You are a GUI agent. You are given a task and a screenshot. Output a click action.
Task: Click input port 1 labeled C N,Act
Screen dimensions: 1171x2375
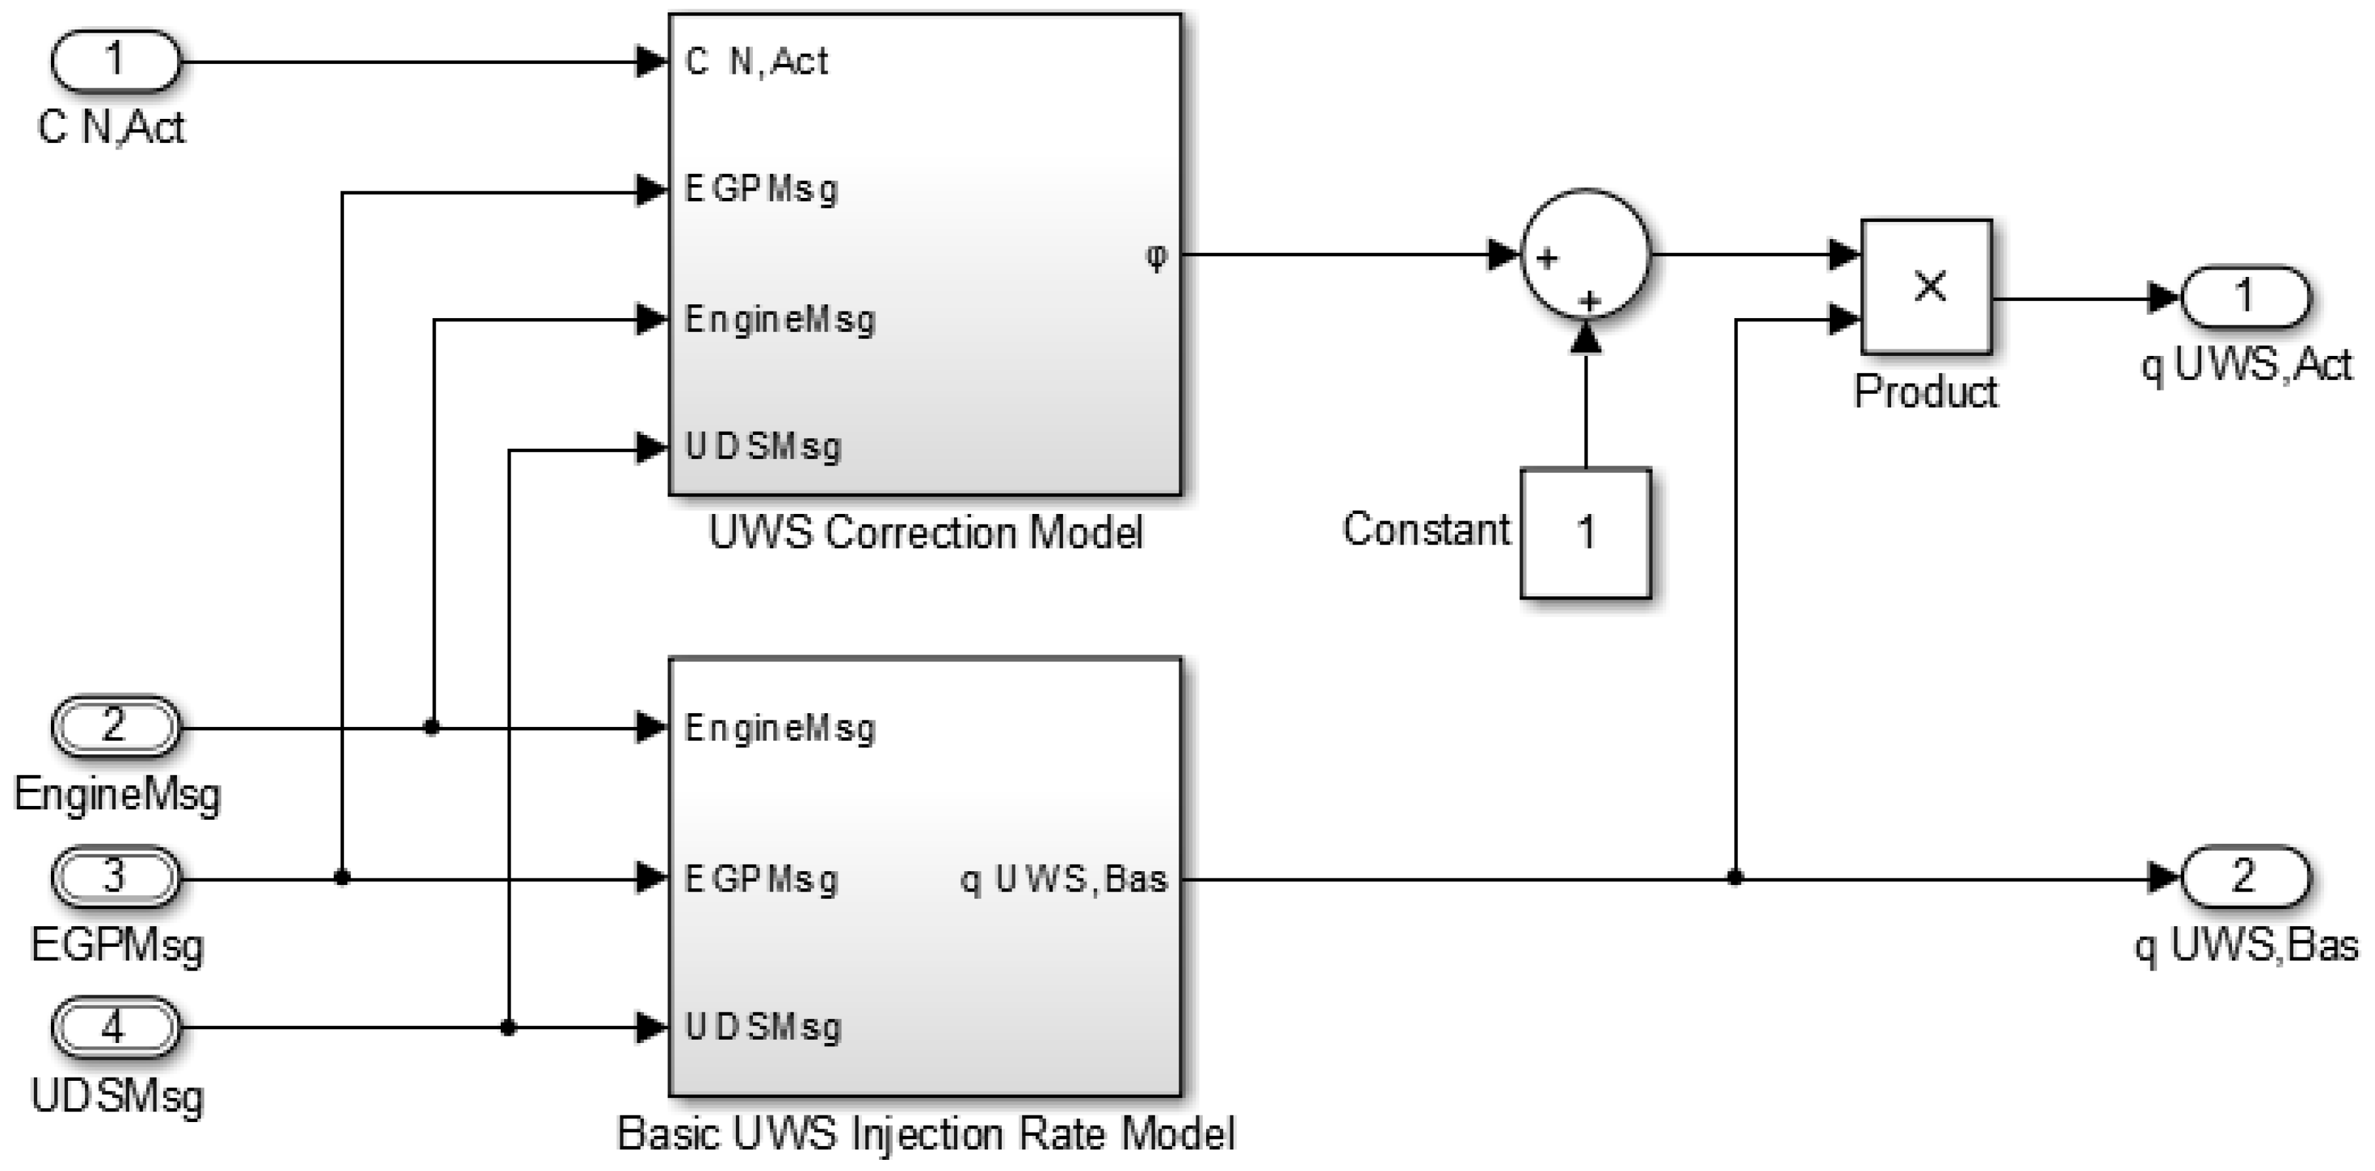click(x=114, y=61)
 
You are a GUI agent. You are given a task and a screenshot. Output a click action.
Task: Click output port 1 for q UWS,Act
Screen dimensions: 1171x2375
click(x=2244, y=297)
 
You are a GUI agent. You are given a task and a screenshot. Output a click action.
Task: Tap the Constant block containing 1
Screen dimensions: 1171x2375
click(x=1585, y=533)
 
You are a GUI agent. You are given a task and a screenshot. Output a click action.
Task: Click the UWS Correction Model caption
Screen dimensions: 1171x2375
click(x=925, y=533)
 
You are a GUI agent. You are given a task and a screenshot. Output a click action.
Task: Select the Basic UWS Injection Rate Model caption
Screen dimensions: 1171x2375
click(x=925, y=1133)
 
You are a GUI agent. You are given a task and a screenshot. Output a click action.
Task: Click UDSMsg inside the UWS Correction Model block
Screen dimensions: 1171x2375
click(x=763, y=447)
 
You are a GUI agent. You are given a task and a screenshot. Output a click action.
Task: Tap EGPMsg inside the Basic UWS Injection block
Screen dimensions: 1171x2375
click(x=761, y=878)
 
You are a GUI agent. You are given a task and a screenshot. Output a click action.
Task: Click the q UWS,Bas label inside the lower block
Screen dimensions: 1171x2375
click(x=1064, y=878)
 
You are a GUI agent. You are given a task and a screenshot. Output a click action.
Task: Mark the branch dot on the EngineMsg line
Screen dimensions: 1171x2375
click(x=432, y=728)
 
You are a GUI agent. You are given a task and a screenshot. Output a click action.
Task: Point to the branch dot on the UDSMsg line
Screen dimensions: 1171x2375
click(x=508, y=1027)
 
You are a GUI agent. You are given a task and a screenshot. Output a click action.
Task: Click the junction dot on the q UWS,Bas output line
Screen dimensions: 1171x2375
click(x=1735, y=878)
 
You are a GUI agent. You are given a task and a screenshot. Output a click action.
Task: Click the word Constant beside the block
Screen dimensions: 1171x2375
click(x=1426, y=529)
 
